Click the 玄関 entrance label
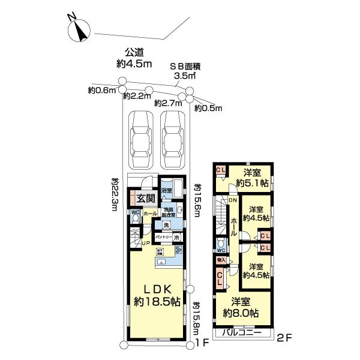pyautogui.click(x=145, y=198)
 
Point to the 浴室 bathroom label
pyautogui.click(x=166, y=190)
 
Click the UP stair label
pyautogui.click(x=146, y=242)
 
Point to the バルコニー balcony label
pyautogui.click(x=240, y=332)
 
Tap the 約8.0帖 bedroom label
pyautogui.click(x=241, y=307)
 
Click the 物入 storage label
pyautogui.click(x=220, y=260)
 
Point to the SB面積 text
pyautogui.click(x=187, y=67)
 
